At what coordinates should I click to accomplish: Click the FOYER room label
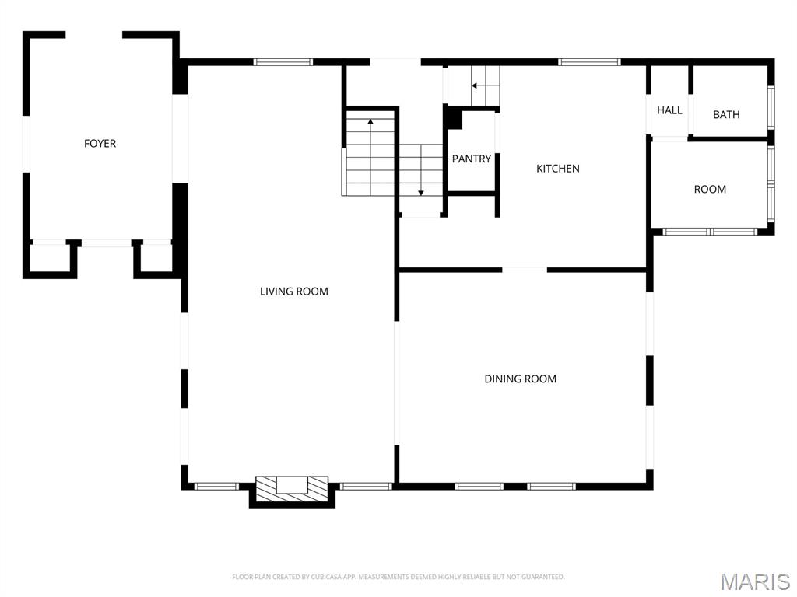click(x=100, y=144)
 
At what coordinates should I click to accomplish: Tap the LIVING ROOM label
click(x=293, y=292)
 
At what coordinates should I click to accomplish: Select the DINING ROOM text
click(x=520, y=379)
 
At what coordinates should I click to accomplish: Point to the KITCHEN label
click(x=558, y=169)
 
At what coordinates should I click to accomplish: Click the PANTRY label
click(x=472, y=159)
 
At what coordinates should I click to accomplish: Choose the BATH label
click(x=726, y=115)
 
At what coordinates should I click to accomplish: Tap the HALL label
click(x=669, y=110)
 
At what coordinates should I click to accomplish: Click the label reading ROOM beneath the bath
click(x=710, y=190)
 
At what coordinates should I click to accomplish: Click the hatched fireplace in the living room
click(x=292, y=488)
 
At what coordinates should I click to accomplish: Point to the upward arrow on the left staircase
click(x=370, y=122)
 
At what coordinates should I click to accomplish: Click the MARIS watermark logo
click(x=754, y=581)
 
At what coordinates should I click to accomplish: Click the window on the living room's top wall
click(x=283, y=61)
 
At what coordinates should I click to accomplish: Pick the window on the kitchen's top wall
click(x=589, y=61)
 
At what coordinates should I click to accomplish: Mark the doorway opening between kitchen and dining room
click(x=525, y=270)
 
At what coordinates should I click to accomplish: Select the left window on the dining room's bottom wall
click(x=479, y=486)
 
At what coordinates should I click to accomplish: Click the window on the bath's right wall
click(x=771, y=107)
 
